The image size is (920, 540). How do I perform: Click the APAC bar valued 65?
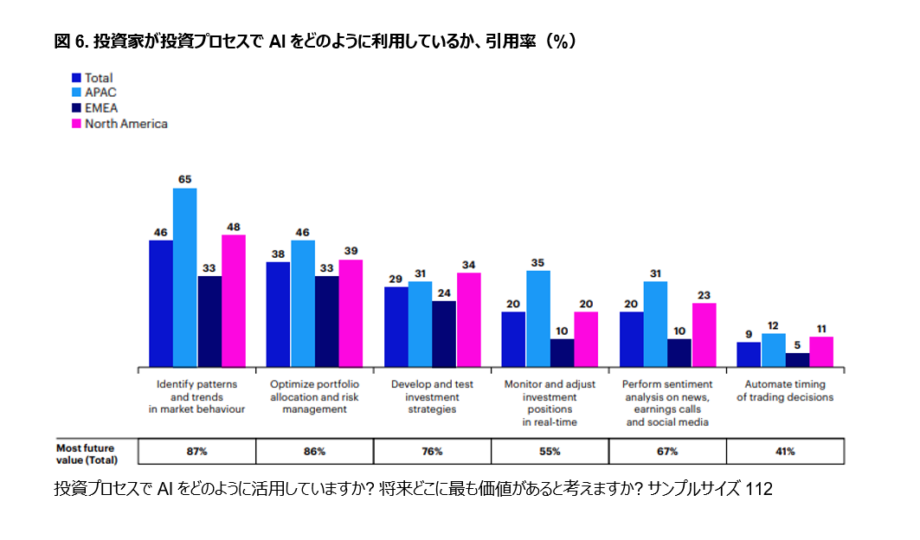[x=185, y=277]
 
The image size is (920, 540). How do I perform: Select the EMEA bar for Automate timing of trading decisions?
[x=797, y=360]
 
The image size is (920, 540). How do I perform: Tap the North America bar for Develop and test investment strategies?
[x=468, y=319]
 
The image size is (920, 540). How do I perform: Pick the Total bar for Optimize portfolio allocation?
[x=278, y=314]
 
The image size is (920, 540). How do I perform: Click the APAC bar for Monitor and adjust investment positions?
[x=537, y=318]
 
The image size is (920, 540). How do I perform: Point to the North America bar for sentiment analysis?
[x=704, y=335]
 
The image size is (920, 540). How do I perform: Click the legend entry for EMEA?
[x=100, y=108]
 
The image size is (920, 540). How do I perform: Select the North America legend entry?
[x=125, y=124]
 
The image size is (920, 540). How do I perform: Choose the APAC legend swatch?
[x=77, y=93]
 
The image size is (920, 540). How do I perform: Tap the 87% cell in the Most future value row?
[x=196, y=451]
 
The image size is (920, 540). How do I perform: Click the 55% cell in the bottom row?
[x=550, y=451]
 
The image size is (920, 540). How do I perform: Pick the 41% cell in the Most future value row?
[x=785, y=451]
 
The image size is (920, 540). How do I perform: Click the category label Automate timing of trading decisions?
[x=785, y=391]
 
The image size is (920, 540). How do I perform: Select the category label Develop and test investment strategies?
[x=432, y=396]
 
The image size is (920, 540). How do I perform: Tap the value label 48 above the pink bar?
[x=234, y=227]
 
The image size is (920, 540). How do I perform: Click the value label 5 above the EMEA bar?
[x=797, y=344]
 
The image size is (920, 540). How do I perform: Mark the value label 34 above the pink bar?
[x=468, y=265]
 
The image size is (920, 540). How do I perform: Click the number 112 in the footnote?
[x=758, y=490]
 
